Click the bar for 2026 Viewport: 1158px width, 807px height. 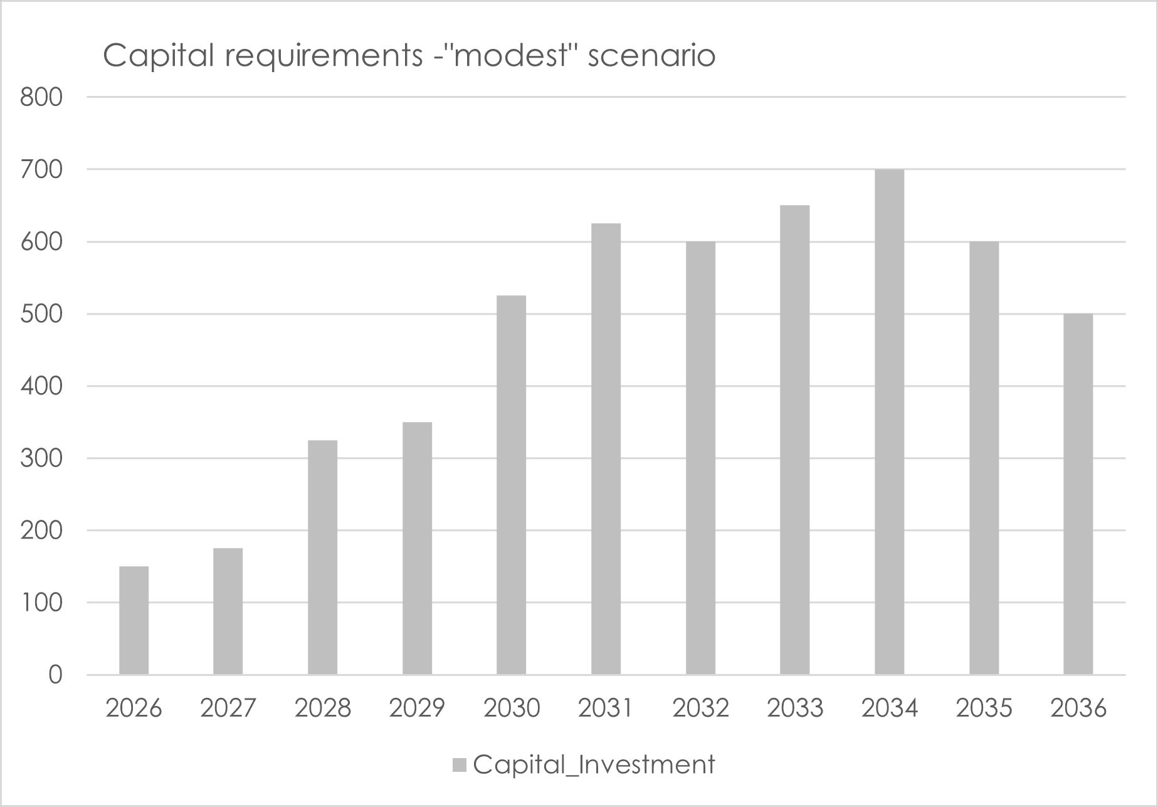point(134,620)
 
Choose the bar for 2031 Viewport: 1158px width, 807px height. point(606,448)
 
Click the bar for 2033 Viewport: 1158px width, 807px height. point(794,440)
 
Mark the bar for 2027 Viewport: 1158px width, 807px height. point(228,611)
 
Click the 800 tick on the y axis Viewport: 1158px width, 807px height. point(41,97)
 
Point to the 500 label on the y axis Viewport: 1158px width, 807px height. point(41,314)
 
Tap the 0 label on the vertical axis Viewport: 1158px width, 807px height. point(55,675)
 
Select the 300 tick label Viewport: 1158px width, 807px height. point(41,458)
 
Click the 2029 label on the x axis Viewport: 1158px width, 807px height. point(416,709)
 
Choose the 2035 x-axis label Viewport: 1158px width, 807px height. point(983,709)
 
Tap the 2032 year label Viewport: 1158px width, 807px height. point(700,709)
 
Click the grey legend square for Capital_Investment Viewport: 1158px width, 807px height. point(460,765)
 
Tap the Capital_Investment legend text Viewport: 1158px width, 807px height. point(594,765)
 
